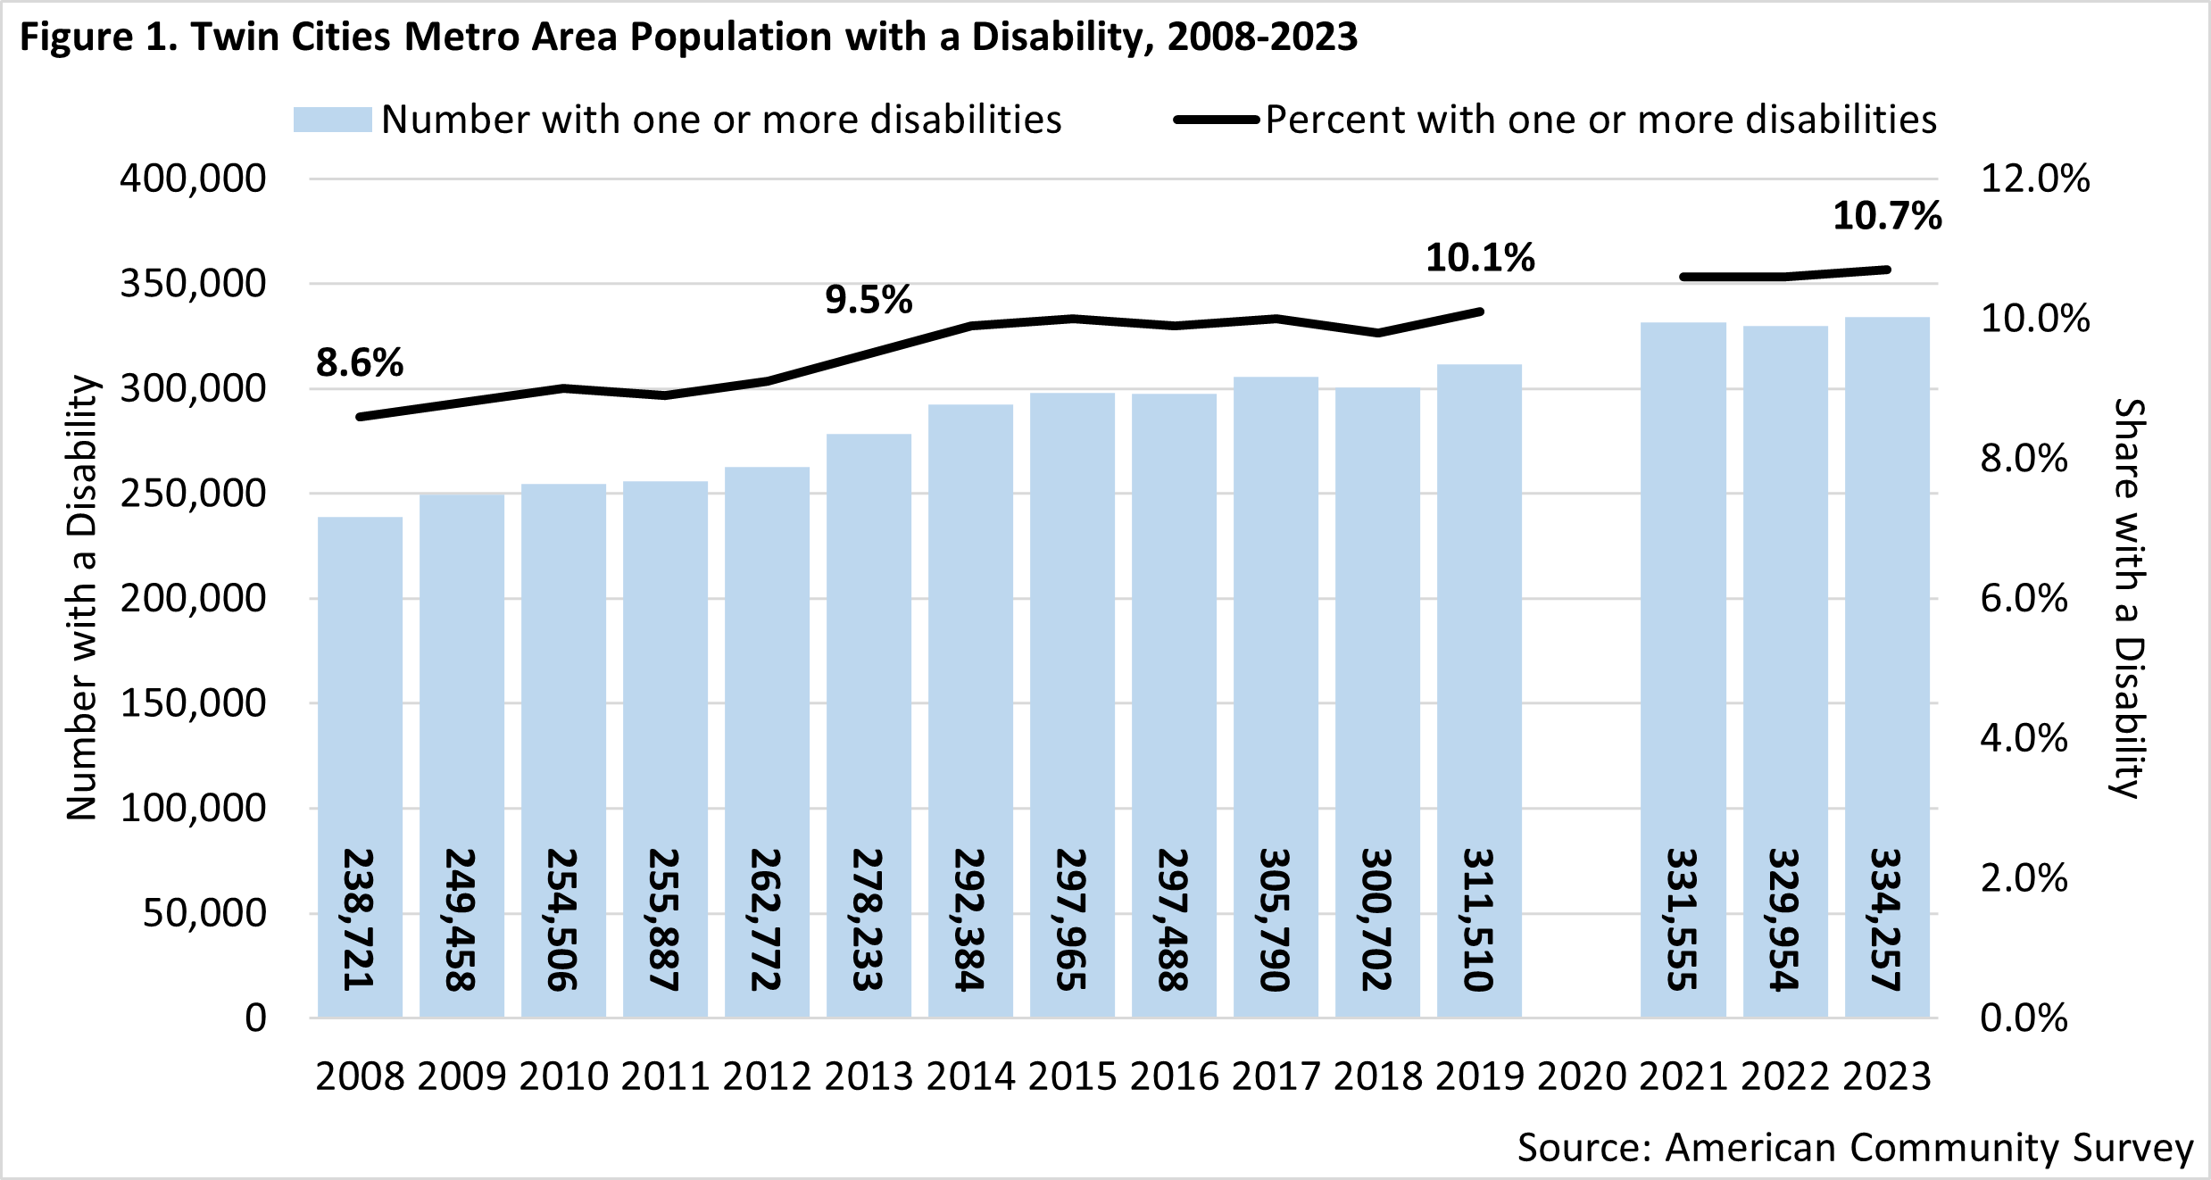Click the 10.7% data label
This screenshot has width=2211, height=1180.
tap(1887, 216)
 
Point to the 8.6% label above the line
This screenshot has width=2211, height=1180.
tap(360, 362)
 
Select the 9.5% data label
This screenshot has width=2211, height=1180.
tap(869, 299)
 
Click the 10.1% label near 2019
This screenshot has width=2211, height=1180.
tap(1480, 258)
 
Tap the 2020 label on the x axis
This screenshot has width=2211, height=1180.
tap(1582, 1076)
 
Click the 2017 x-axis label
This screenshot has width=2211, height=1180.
tap(1276, 1076)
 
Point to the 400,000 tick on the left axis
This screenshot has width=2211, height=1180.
tap(193, 179)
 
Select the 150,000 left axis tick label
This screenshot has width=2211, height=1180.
tap(193, 703)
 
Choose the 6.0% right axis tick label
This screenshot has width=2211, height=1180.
tap(2024, 598)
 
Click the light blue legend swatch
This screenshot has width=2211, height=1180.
tap(332, 120)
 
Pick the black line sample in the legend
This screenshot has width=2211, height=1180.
tap(1216, 120)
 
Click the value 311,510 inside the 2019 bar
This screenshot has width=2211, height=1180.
tap(1479, 919)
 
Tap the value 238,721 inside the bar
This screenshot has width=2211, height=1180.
tap(359, 919)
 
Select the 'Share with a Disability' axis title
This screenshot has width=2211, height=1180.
tap(2129, 598)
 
